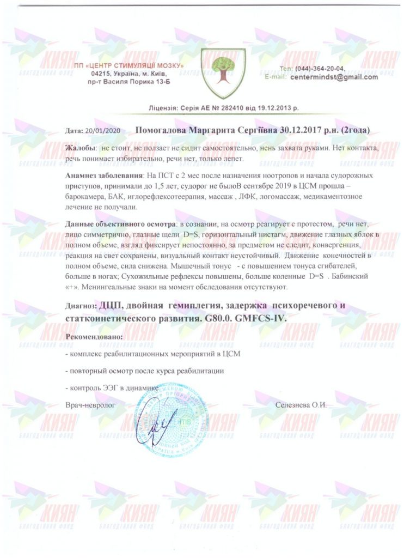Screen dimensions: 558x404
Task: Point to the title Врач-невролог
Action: click(91, 405)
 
